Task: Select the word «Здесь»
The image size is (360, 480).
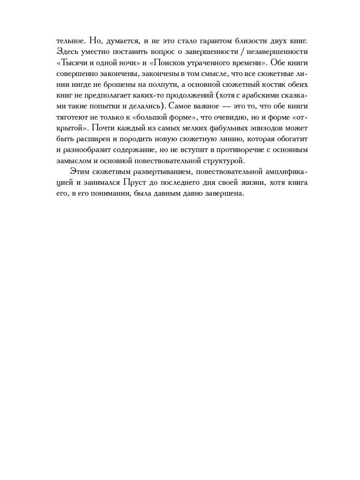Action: click(x=66, y=52)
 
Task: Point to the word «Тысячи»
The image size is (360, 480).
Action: click(x=73, y=63)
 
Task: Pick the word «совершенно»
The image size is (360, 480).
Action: click(x=76, y=74)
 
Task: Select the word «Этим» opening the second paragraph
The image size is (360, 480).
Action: click(x=79, y=171)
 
